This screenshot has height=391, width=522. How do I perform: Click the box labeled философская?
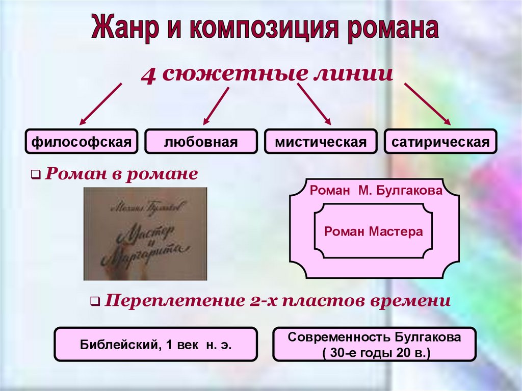point(82,142)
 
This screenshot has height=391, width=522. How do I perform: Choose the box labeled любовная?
point(200,142)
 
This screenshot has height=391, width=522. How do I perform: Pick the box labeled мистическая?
point(321,142)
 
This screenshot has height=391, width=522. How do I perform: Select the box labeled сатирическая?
point(440,142)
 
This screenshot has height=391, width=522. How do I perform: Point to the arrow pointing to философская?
point(100,104)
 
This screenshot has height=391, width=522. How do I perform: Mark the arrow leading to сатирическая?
point(427,104)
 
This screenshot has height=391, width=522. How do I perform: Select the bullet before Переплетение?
point(95,302)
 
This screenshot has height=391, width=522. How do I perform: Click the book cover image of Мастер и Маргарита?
point(145,234)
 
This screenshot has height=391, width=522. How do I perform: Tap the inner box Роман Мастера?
point(374,232)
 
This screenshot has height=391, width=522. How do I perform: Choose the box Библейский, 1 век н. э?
point(155,345)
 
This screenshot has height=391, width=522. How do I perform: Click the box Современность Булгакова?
point(374,345)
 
